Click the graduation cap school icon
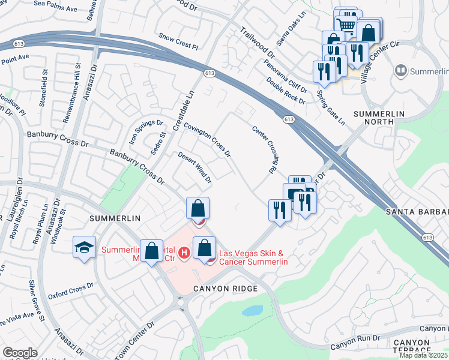(84, 247)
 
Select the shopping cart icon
(345, 25)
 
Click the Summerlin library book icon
(400, 71)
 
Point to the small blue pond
(252, 311)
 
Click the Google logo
(20, 353)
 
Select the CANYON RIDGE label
(225, 289)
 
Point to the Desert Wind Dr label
(195, 167)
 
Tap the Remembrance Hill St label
(77, 83)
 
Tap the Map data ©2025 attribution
(424, 355)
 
